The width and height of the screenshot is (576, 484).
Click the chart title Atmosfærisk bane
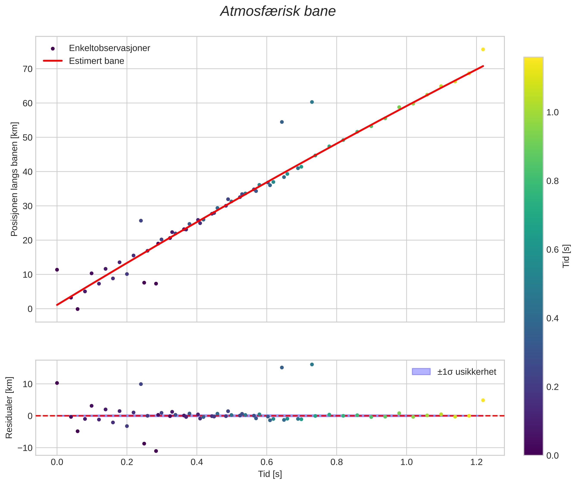click(278, 11)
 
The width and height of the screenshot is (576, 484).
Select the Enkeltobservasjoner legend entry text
click(109, 48)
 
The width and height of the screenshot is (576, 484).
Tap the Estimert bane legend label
click(97, 61)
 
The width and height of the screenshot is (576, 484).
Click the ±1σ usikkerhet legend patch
click(421, 372)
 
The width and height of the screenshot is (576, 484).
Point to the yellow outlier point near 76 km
click(483, 49)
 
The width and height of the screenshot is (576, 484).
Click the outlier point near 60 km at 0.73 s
click(312, 102)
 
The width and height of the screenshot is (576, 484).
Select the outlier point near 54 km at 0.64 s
click(282, 122)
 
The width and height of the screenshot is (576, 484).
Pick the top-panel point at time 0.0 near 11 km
click(57, 270)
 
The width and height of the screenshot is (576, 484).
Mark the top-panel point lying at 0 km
click(78, 309)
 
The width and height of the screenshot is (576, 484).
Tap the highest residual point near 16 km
click(312, 364)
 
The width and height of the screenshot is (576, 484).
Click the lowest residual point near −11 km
click(156, 451)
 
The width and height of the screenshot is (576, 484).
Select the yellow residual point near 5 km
click(483, 400)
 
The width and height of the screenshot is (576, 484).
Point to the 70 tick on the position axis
click(27, 69)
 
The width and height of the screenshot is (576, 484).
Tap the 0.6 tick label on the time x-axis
click(267, 462)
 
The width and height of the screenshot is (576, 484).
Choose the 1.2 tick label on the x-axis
click(476, 462)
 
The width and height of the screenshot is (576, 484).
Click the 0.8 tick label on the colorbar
click(552, 181)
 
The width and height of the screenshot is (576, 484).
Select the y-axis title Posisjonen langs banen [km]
click(14, 179)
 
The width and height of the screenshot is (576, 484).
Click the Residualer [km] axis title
click(9, 408)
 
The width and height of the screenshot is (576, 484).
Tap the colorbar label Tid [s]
click(566, 256)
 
